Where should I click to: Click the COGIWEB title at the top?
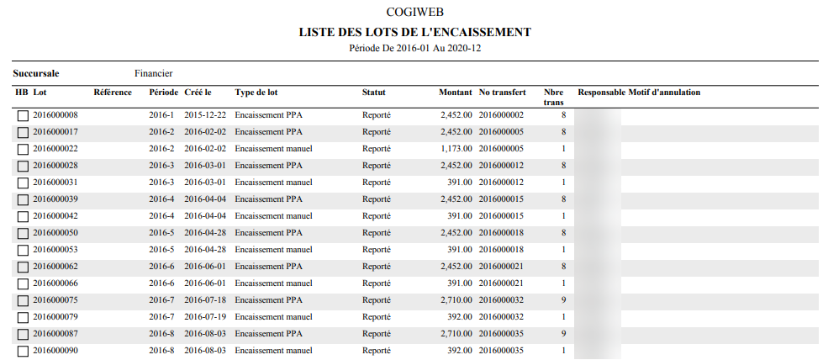[x=414, y=13]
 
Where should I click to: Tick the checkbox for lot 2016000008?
[x=23, y=115]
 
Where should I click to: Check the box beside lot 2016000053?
[x=23, y=250]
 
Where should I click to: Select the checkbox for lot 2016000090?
[x=23, y=351]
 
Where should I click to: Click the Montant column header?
[x=455, y=92]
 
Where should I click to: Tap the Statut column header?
[x=373, y=92]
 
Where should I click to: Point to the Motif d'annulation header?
[x=664, y=92]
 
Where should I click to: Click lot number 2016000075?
[x=55, y=300]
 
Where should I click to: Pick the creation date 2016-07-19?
[x=204, y=317]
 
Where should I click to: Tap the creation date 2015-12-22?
[x=204, y=115]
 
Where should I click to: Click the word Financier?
[x=153, y=73]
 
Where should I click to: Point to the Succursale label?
[x=35, y=73]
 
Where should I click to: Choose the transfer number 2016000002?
[x=501, y=115]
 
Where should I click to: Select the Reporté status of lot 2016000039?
[x=376, y=199]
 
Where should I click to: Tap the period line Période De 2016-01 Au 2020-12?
[x=414, y=48]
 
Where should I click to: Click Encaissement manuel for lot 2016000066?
[x=273, y=283]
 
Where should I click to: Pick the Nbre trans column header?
[x=553, y=96]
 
